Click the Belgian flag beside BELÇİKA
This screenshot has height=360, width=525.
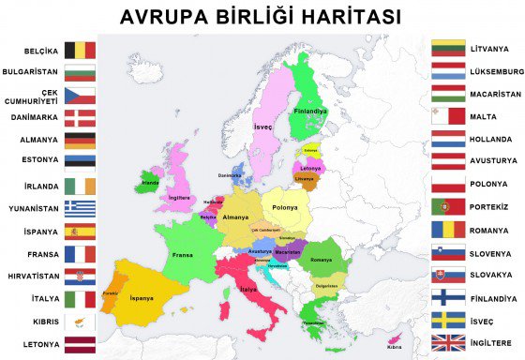pos(80,51)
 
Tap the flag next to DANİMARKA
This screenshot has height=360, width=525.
pos(80,118)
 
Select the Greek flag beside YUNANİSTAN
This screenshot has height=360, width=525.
pos(80,208)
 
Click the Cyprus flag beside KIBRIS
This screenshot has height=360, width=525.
pos(80,321)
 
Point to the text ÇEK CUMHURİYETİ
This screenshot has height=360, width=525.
pos(31,96)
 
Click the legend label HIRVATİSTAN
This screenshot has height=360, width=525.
pos(31,276)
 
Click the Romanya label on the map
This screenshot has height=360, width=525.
pos(321,259)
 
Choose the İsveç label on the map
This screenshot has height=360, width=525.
pos(262,126)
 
